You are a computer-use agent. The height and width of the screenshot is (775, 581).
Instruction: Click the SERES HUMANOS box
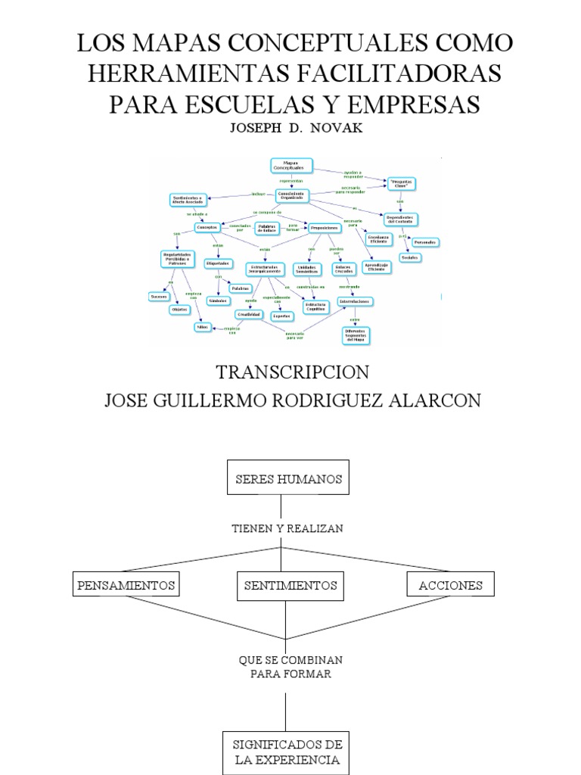click(289, 479)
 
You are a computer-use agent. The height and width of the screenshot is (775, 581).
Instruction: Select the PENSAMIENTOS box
click(126, 585)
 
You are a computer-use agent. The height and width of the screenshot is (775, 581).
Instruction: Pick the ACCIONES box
click(450, 585)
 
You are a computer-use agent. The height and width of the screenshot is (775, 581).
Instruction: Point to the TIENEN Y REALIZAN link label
click(287, 528)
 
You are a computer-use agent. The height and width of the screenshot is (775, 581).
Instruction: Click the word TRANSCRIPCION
click(292, 372)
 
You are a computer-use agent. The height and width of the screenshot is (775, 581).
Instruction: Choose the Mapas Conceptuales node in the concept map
click(290, 166)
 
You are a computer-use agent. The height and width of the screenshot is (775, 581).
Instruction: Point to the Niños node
click(202, 327)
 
